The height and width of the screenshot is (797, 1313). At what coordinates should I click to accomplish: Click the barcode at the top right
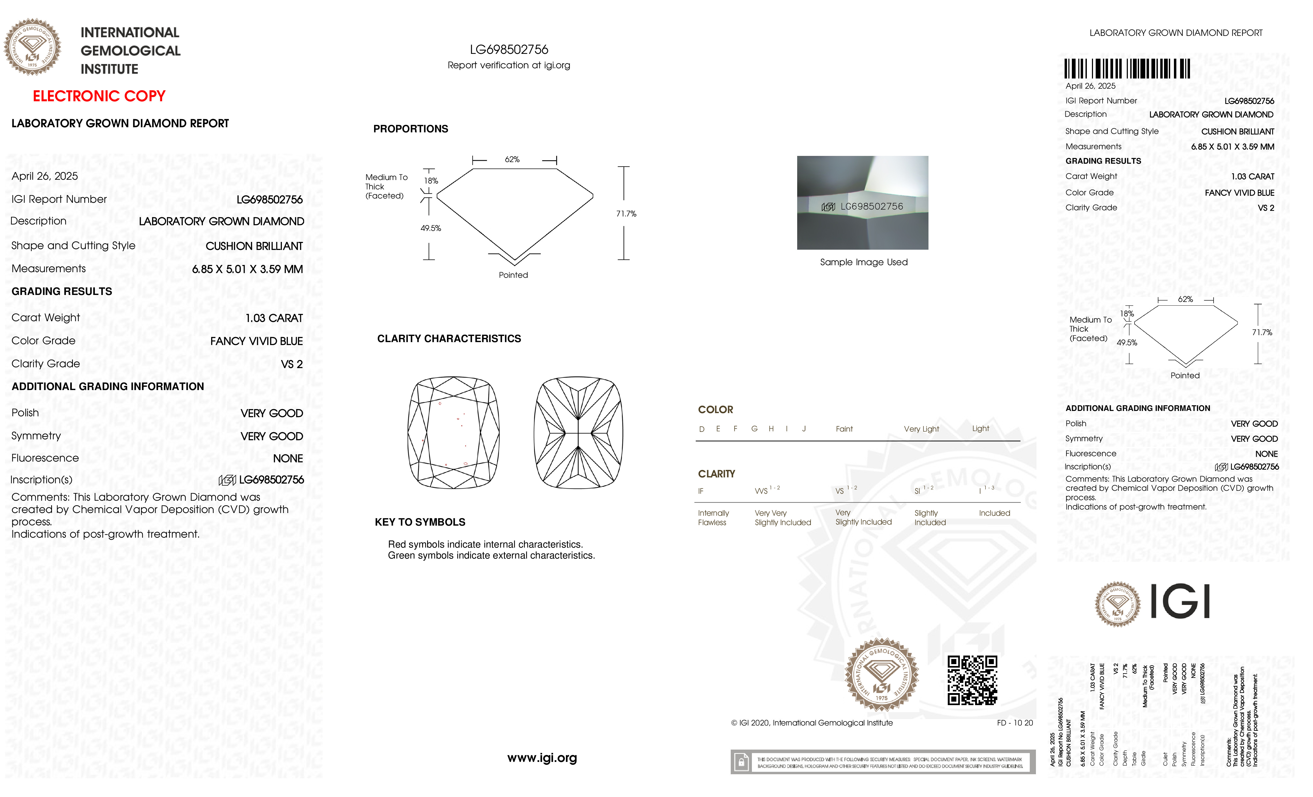click(1127, 69)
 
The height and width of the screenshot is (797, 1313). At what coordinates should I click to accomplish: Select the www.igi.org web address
click(542, 758)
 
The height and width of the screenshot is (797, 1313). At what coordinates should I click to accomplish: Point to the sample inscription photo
click(862, 203)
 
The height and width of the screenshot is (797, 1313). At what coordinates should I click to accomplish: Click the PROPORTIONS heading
click(410, 129)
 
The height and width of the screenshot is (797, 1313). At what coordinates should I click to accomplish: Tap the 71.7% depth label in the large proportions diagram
click(626, 214)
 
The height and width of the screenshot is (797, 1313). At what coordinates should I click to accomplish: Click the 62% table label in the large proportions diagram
click(512, 159)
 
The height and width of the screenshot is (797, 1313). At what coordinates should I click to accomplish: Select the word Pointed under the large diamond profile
click(513, 275)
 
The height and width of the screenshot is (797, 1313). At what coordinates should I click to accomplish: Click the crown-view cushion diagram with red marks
click(453, 433)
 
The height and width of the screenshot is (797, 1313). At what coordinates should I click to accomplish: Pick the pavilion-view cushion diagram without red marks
click(578, 433)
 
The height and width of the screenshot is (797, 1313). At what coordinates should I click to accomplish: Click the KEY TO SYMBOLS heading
click(420, 522)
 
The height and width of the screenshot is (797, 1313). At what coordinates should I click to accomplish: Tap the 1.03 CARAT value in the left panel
click(274, 318)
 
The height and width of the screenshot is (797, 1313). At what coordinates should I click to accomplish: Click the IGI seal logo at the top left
click(32, 47)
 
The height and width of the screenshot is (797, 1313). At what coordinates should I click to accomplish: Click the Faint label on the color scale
click(844, 429)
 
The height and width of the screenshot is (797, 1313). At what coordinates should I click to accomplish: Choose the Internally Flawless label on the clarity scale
click(713, 517)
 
